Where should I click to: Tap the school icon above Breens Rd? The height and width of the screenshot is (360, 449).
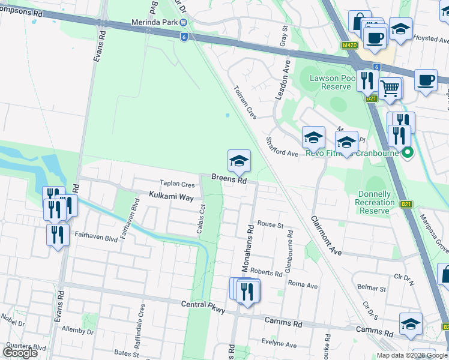coord(239,161)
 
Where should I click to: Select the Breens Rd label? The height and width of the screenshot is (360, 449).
coord(229,179)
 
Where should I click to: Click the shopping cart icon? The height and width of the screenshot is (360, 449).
coord(390,88)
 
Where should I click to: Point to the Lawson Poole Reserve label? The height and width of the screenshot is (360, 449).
coord(330,82)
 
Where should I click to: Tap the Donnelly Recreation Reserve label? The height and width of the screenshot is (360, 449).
coord(384,202)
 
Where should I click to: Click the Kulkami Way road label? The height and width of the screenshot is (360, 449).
coord(172,197)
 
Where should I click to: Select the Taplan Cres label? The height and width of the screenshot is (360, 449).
coord(177,184)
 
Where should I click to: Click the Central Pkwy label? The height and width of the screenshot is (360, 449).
coord(203,306)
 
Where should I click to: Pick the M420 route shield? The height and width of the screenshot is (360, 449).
coord(349,45)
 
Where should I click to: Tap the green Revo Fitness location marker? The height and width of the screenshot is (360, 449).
coord(408,152)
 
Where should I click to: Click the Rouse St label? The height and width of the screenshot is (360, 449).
coord(270,224)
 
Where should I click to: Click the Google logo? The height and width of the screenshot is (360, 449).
coord(20,352)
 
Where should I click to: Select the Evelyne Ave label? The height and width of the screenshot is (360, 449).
coord(279,344)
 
